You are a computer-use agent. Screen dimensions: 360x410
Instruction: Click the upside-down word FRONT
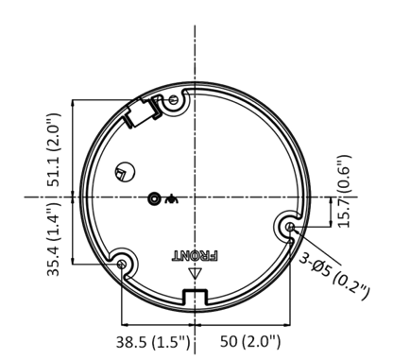(x=195, y=255)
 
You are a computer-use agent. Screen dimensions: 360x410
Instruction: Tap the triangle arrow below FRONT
(x=196, y=275)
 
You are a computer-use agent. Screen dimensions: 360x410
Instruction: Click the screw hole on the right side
(x=290, y=227)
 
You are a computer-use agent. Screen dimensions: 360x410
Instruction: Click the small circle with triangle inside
(x=123, y=173)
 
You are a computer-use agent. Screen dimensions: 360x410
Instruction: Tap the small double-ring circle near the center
(x=155, y=198)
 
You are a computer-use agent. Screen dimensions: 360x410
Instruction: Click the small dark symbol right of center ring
(x=171, y=198)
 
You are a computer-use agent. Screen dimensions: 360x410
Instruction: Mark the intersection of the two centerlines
(x=196, y=198)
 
